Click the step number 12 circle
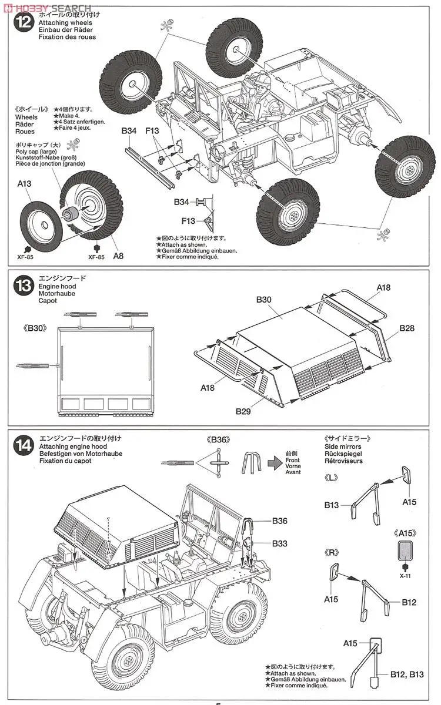23,23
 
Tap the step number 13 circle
23,286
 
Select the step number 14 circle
23,445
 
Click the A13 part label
24,184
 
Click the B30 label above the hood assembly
263,300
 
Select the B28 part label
407,328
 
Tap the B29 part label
243,411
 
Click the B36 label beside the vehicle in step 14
280,521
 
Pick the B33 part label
280,543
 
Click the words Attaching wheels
62,22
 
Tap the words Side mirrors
342,446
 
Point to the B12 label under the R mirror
409,602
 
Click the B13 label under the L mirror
332,505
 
